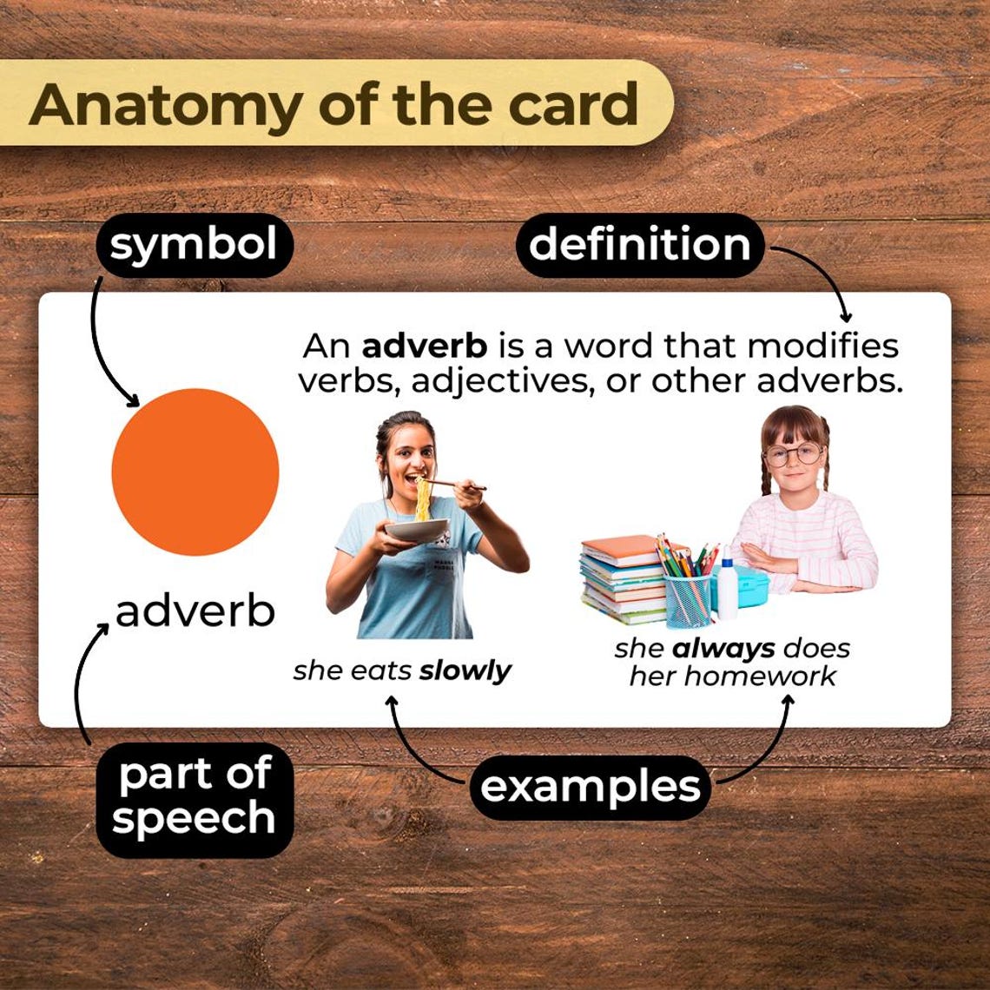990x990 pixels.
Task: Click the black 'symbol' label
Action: point(194,246)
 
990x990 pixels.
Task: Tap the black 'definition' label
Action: point(640,245)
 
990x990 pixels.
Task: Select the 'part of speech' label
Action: point(194,796)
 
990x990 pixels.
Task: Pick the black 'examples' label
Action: point(590,788)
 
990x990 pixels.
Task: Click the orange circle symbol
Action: point(195,472)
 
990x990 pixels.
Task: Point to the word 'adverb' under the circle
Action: point(195,611)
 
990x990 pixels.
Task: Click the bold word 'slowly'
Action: point(465,671)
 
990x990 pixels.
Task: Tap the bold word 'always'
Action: point(723,648)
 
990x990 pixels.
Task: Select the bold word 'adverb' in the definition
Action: point(425,346)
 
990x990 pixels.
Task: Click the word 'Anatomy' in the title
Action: point(166,104)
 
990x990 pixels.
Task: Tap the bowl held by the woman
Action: point(417,529)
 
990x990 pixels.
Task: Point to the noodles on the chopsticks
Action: point(422,500)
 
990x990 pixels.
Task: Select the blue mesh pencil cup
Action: point(687,599)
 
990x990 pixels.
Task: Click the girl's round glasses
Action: point(793,453)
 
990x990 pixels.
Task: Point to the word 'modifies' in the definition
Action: point(822,346)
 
